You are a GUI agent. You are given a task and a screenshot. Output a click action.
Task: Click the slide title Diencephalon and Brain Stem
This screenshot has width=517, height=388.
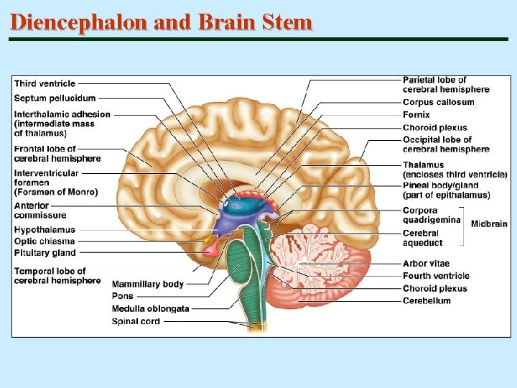[x=162, y=22]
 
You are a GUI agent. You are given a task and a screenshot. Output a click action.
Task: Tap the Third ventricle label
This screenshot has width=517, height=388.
[x=45, y=84]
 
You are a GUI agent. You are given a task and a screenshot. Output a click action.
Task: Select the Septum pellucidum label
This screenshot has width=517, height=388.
[x=55, y=98]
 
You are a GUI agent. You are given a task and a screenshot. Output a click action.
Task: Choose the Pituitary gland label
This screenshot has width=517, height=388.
[x=45, y=253]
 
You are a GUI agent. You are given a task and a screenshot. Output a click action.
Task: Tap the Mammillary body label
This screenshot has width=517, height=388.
[x=148, y=285]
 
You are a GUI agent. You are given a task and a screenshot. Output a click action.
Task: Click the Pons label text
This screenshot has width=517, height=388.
[x=122, y=296]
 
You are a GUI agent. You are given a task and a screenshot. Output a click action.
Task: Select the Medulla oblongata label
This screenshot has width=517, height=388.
[x=150, y=309]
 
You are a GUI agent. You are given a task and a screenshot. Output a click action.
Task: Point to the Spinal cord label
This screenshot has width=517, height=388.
[x=136, y=321]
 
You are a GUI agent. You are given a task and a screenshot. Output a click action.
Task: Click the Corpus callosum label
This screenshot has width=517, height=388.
[x=438, y=103]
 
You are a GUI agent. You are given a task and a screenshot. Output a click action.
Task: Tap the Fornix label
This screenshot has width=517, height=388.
[x=416, y=115]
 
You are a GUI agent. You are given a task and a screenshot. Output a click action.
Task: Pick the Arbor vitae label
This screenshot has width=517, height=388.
[x=426, y=264]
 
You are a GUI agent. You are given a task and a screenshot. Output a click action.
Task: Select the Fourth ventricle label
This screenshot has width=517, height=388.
[x=436, y=276]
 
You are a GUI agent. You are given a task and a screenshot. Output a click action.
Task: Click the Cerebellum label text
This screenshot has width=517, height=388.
[x=427, y=301]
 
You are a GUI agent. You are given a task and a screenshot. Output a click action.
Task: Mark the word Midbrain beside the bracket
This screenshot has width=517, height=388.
[x=489, y=224]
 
